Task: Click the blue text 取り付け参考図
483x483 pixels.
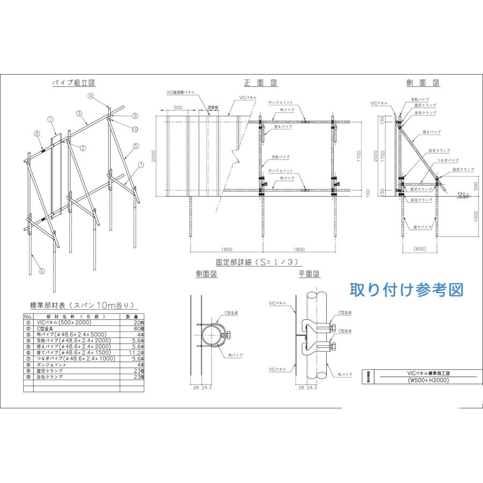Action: (406, 290)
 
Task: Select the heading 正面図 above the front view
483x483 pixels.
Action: (260, 83)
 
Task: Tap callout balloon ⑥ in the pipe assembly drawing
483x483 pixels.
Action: (41, 271)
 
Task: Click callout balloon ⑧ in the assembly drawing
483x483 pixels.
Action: (37, 133)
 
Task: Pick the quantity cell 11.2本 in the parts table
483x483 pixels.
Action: (136, 353)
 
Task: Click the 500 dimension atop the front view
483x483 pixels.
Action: (177, 107)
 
